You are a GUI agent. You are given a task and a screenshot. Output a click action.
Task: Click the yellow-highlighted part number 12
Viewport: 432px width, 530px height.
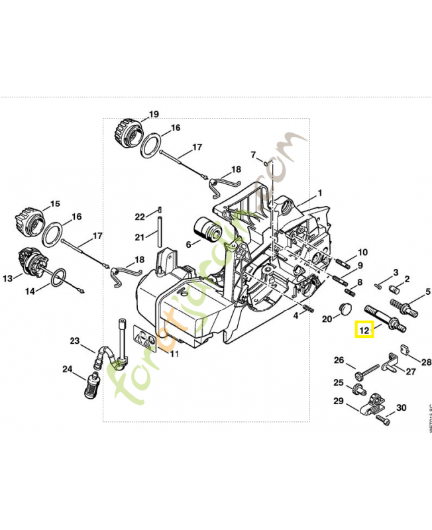click(x=364, y=329)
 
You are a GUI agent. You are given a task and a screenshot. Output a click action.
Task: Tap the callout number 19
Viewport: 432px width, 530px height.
click(x=154, y=115)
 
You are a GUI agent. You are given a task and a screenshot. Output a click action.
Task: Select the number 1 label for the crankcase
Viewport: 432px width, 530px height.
click(x=319, y=193)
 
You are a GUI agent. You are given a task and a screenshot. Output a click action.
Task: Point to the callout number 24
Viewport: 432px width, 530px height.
click(x=68, y=369)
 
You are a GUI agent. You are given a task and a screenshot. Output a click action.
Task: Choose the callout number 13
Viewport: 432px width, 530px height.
click(x=7, y=279)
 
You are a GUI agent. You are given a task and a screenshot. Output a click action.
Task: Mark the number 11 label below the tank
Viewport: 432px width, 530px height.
click(x=174, y=354)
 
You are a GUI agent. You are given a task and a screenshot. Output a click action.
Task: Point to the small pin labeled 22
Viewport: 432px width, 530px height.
click(x=160, y=211)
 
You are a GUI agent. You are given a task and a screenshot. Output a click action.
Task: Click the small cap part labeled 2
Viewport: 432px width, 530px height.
click(x=395, y=289)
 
